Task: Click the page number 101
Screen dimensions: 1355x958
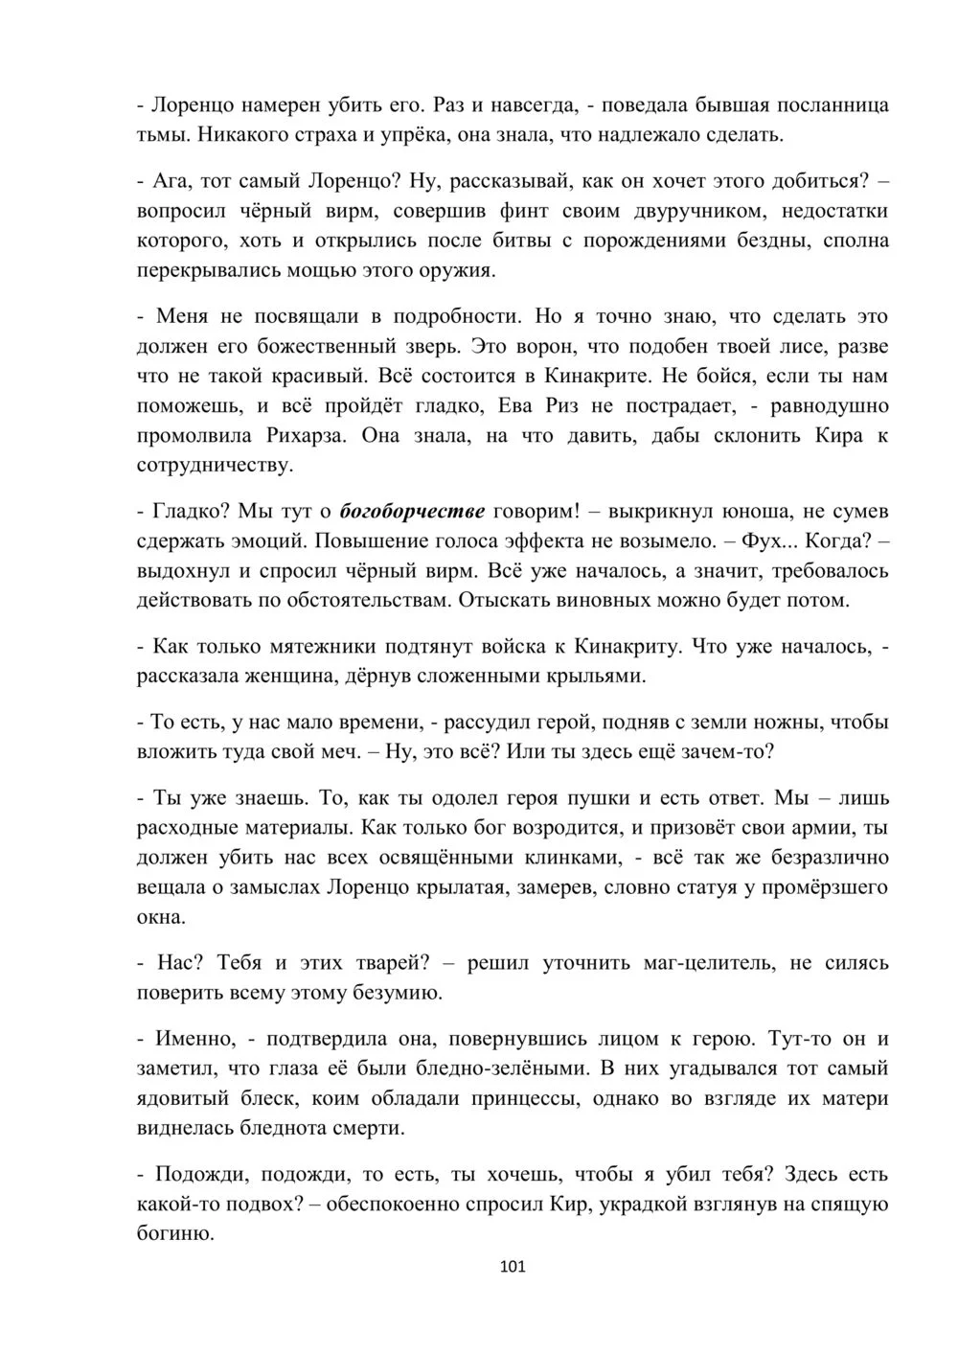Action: pos(513,1268)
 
